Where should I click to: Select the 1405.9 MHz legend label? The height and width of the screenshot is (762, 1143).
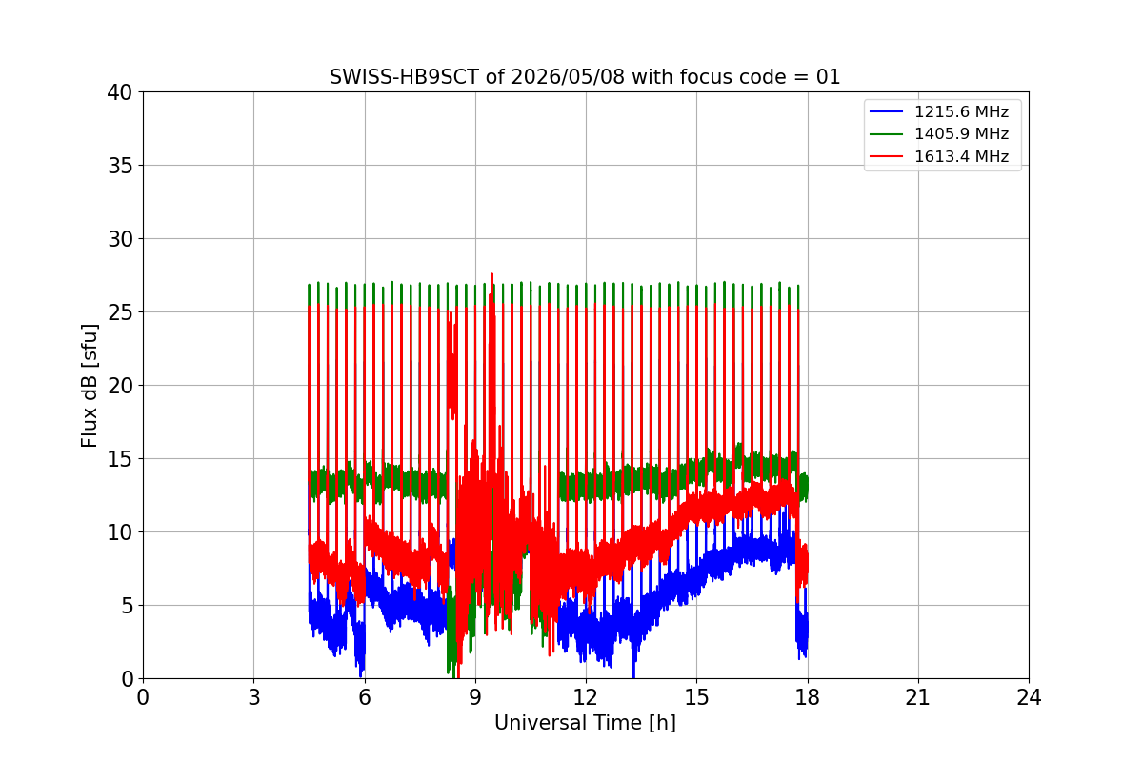pyautogui.click(x=961, y=133)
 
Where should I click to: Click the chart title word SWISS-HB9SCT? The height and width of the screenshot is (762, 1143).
pyautogui.click(x=404, y=77)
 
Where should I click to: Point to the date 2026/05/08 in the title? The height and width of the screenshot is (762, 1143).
pyautogui.click(x=568, y=77)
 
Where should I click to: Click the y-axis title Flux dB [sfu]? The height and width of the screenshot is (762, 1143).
pyautogui.click(x=90, y=386)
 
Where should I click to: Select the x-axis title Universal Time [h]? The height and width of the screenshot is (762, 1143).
pyautogui.click(x=585, y=723)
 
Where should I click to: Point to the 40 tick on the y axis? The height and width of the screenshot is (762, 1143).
pyautogui.click(x=119, y=92)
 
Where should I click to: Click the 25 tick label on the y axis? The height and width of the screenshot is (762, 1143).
pyautogui.click(x=119, y=312)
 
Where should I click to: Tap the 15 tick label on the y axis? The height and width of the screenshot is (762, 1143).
pyautogui.click(x=119, y=459)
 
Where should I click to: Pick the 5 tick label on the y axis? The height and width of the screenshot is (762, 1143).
pyautogui.click(x=127, y=606)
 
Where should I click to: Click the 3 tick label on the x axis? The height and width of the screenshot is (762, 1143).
pyautogui.click(x=254, y=697)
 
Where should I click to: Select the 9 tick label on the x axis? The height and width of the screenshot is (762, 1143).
pyautogui.click(x=475, y=697)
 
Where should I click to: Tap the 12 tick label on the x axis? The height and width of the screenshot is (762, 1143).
pyautogui.click(x=586, y=697)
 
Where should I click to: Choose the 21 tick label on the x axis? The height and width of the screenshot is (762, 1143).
pyautogui.click(x=918, y=697)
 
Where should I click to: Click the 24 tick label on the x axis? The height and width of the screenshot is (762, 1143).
pyautogui.click(x=1029, y=697)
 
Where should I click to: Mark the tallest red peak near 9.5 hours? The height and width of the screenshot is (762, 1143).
pyautogui.click(x=491, y=274)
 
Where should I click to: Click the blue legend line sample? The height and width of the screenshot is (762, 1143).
pyautogui.click(x=887, y=111)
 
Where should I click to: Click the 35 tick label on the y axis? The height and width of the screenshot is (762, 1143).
pyautogui.click(x=119, y=166)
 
